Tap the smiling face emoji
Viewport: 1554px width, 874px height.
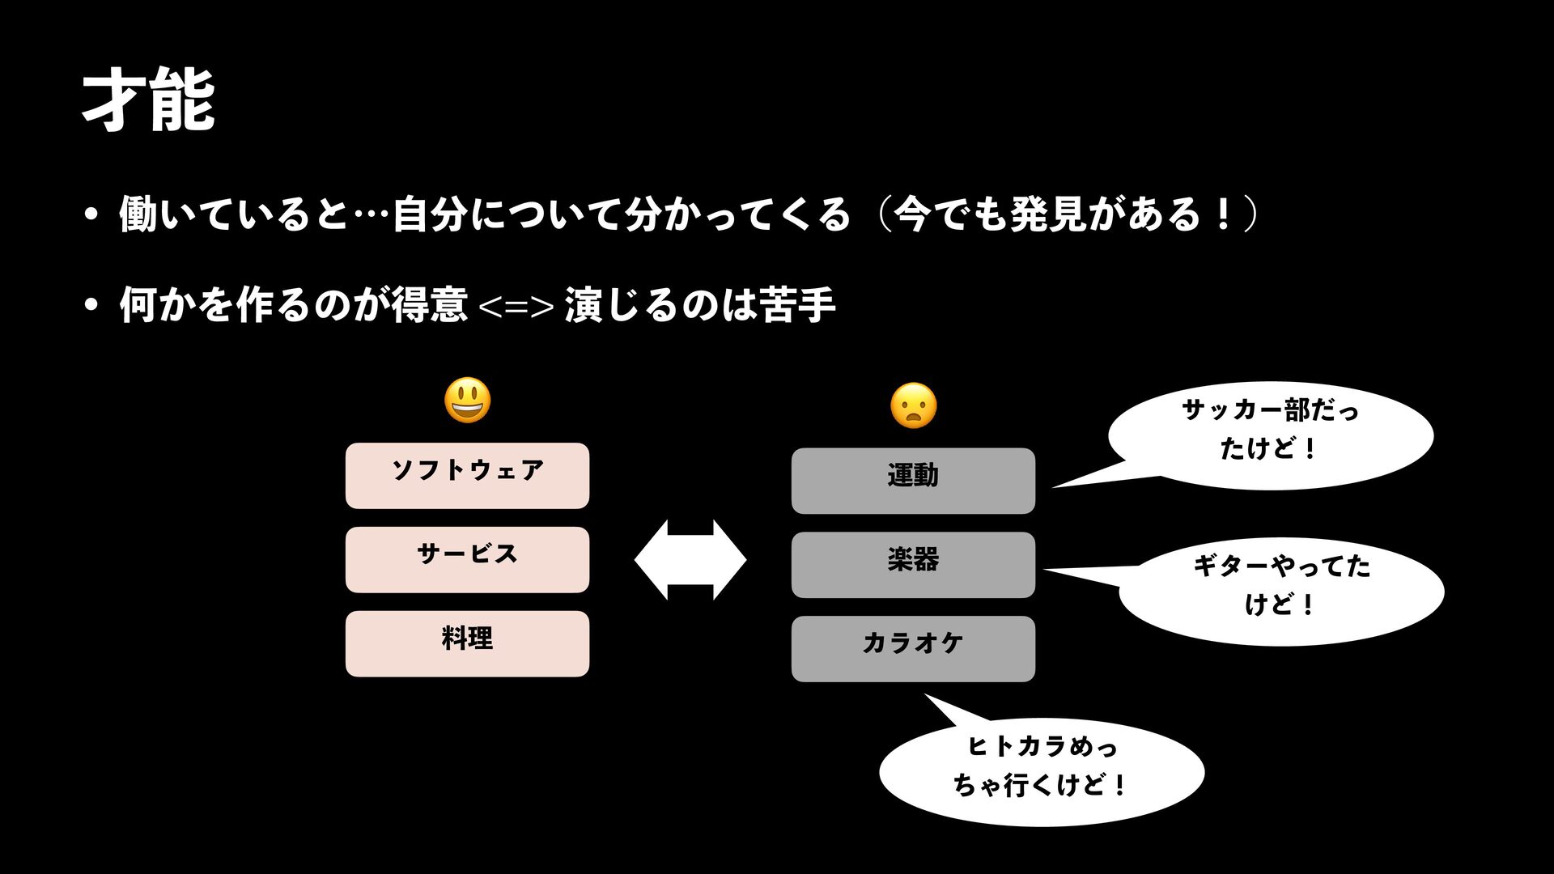(x=468, y=401)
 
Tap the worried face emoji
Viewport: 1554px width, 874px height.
(x=913, y=406)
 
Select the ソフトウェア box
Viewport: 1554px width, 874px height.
(x=467, y=476)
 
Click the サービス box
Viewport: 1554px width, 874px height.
(x=467, y=560)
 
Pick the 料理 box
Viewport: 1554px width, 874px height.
(x=467, y=644)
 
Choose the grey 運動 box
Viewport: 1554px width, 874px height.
(x=913, y=481)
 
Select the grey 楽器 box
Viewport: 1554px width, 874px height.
(x=913, y=565)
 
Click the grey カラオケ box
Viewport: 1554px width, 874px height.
(x=913, y=649)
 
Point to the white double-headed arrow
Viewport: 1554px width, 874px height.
(x=690, y=560)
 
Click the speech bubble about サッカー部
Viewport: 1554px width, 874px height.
(x=1270, y=435)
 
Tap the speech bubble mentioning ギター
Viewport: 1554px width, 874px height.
(x=1281, y=591)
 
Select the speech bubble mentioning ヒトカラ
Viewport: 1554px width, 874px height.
(x=1042, y=771)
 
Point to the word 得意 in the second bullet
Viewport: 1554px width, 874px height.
(x=429, y=305)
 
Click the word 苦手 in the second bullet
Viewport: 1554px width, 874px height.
(x=797, y=305)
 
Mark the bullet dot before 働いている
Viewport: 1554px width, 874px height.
(x=91, y=215)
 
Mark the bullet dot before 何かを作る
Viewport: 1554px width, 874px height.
(x=91, y=306)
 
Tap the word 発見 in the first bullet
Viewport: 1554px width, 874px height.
(x=1048, y=214)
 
